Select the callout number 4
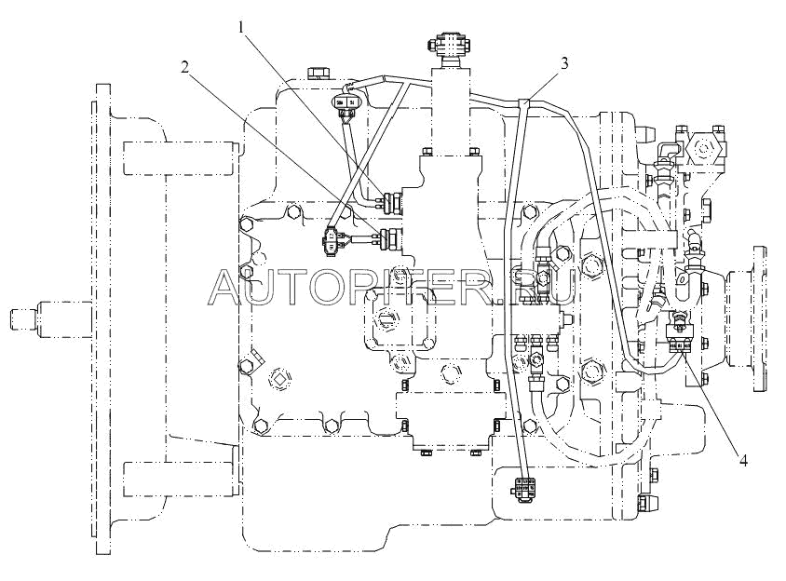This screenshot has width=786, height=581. pyautogui.click(x=742, y=459)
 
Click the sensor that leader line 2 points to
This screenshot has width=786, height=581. pyautogui.click(x=387, y=239)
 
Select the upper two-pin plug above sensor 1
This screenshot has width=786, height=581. pyautogui.click(x=346, y=102)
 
